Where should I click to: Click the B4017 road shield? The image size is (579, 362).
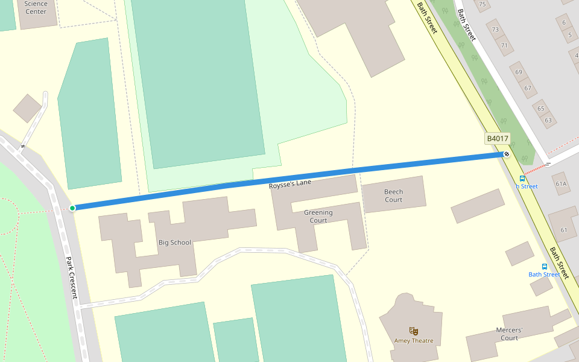point(498,139)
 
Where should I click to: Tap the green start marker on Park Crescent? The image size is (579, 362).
point(72,208)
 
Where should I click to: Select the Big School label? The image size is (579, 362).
point(175,243)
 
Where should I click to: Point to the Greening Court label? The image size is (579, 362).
point(318,216)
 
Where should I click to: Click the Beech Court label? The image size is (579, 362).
point(393,195)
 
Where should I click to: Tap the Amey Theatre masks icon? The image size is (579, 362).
point(414,331)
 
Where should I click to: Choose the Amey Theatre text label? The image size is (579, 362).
point(414,341)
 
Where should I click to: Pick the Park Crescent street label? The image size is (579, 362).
point(71,278)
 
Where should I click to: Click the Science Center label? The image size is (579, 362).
point(36,8)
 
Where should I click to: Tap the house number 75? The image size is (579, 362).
point(482,5)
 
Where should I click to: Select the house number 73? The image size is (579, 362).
point(495,30)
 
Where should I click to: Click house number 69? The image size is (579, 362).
point(518,72)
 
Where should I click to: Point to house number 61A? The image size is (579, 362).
point(561,183)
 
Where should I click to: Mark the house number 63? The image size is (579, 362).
point(548,120)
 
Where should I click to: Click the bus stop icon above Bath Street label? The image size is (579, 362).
point(545,266)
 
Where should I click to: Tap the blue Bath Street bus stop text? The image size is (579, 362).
point(544,275)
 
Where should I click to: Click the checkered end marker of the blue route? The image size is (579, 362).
point(507,154)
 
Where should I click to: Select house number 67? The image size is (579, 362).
point(527,88)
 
